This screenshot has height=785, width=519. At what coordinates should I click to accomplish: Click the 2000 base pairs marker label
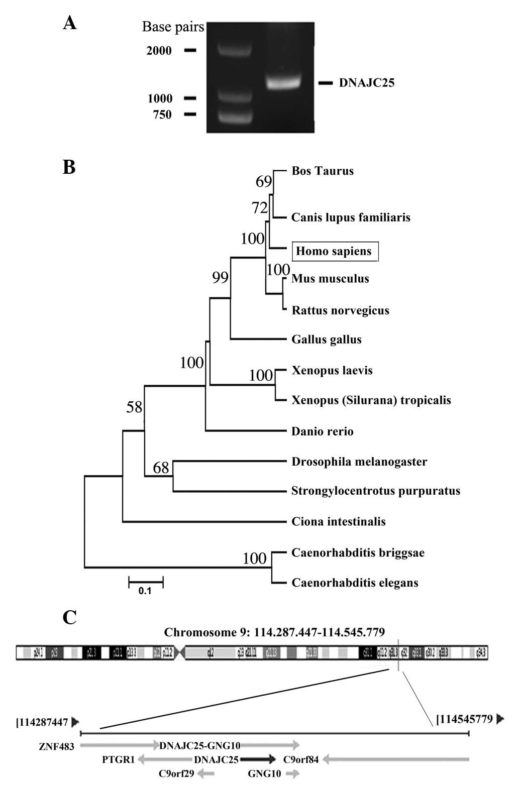tap(159, 51)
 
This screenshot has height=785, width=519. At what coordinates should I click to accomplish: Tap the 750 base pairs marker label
tap(162, 115)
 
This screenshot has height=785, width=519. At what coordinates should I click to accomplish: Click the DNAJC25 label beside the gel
tap(366, 83)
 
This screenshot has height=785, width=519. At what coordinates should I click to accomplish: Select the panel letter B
tap(69, 167)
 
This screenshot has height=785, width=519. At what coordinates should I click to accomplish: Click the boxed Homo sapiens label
tap(334, 251)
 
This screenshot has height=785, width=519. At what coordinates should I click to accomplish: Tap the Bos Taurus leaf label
tap(323, 171)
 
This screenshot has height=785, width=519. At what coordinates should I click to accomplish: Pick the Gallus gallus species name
tap(327, 340)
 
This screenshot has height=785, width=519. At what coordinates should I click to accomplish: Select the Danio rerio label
tap(323, 431)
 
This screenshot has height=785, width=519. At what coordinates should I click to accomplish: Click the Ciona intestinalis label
tap(339, 521)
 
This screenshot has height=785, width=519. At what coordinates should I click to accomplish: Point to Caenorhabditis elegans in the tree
tap(355, 583)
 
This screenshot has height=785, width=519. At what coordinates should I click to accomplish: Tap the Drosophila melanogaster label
tap(359, 462)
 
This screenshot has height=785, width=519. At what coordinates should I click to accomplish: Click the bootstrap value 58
tap(135, 407)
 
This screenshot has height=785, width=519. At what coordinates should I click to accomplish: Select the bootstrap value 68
tap(161, 468)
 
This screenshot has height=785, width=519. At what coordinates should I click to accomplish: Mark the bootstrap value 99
tap(220, 277)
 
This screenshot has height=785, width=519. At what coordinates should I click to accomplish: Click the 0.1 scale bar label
tap(145, 591)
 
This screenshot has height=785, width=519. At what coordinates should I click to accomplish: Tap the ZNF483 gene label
tap(56, 746)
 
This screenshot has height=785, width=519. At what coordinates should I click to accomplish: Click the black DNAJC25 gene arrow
tap(258, 759)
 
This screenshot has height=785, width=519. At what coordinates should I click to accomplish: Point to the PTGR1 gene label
tap(119, 759)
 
